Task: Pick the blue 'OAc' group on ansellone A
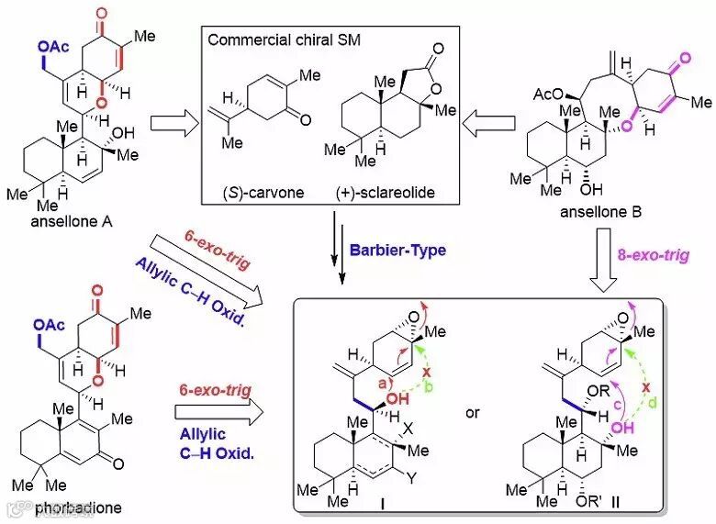click(54, 44)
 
